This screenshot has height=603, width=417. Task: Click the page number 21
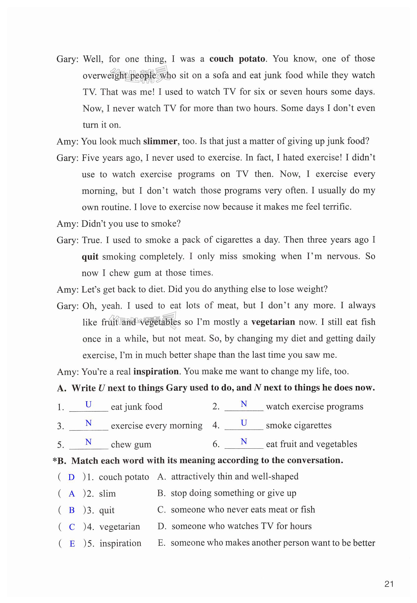click(x=389, y=584)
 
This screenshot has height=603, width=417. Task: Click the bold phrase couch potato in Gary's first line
click(x=237, y=59)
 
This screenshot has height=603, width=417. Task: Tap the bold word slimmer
click(x=160, y=141)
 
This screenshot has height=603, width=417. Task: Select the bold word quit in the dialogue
click(x=90, y=257)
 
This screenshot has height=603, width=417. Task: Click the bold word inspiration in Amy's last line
click(x=156, y=372)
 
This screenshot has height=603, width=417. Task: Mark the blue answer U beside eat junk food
click(x=88, y=404)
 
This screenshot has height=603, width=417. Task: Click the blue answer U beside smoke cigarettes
click(x=244, y=423)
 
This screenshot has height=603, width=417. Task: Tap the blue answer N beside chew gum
click(x=88, y=442)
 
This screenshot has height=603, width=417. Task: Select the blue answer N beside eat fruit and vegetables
click(x=244, y=441)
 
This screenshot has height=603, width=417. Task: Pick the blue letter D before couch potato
click(x=71, y=477)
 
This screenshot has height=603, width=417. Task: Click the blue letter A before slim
click(x=72, y=494)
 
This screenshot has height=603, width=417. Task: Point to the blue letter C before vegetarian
click(x=72, y=527)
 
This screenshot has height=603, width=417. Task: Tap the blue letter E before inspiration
click(x=72, y=544)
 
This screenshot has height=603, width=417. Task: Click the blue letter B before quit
click(x=72, y=510)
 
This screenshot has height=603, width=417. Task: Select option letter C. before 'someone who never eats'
click(x=161, y=509)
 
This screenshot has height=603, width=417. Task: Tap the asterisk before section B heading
click(x=55, y=460)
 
